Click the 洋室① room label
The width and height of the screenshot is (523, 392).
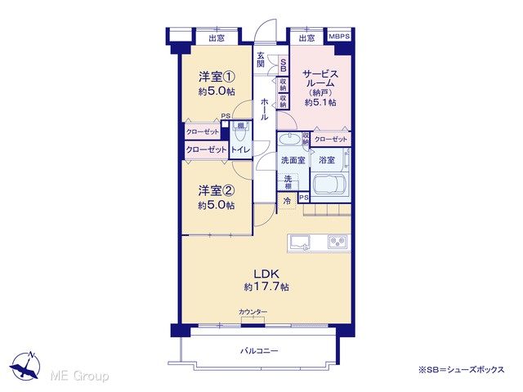pos(217,78)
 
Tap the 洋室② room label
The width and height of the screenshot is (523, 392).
pos(217,191)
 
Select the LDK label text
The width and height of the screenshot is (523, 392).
pos(266,274)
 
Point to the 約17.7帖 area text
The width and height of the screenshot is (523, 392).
pos(266,287)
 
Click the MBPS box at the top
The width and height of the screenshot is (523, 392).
pos(339,36)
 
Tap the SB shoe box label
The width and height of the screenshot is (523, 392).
pos(284,65)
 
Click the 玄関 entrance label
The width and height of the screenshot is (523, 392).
pos(261,60)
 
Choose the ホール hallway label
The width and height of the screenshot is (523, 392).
pos(264,109)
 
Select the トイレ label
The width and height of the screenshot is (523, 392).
pos(240,149)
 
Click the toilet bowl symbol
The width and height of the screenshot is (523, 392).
pos(239,135)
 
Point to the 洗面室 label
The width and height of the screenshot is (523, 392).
pos(293,160)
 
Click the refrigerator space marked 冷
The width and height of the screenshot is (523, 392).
pos(287,202)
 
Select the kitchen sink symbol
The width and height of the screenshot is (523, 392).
pos(300,242)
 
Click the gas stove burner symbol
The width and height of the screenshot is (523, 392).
pos(337,242)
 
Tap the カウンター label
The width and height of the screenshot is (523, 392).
pos(253,312)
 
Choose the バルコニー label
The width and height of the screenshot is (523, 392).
pos(260,350)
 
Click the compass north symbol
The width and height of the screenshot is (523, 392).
pos(25,365)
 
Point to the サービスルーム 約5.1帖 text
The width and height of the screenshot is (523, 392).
pos(320,87)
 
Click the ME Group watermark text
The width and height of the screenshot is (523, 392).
pos(79,376)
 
